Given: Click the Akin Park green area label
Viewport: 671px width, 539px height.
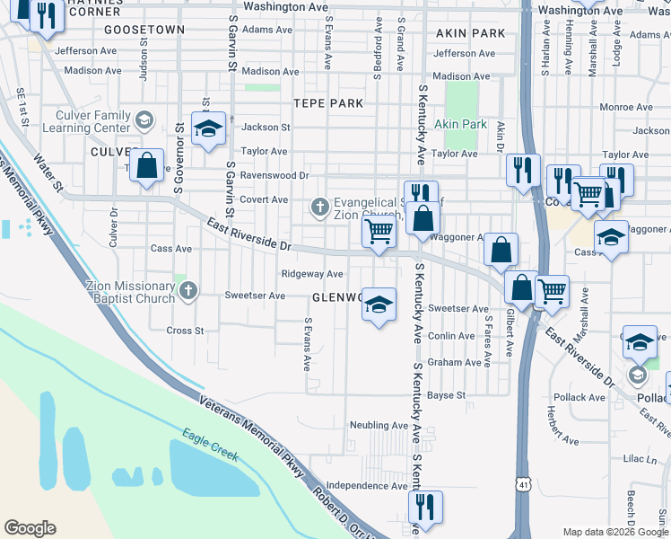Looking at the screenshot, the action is [x=460, y=124].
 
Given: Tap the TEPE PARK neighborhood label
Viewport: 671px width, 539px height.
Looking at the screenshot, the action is [x=321, y=103].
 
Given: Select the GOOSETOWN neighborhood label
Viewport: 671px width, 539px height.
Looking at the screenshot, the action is [x=144, y=30].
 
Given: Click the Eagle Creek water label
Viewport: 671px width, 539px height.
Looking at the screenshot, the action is [x=211, y=444].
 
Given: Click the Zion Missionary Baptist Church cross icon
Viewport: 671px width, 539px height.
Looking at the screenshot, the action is [x=187, y=290].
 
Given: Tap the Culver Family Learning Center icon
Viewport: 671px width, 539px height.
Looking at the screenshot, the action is [x=144, y=119].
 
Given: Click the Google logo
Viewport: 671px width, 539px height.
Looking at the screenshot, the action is [x=30, y=528].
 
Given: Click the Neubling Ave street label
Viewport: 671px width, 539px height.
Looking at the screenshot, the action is [x=379, y=425].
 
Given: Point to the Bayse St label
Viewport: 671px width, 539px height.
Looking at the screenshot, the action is [x=446, y=395].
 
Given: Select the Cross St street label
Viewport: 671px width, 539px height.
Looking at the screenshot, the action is [x=186, y=331].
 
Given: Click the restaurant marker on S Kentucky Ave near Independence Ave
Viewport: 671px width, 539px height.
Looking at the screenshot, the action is [x=422, y=506].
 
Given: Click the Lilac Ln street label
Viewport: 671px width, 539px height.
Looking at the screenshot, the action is [x=640, y=459].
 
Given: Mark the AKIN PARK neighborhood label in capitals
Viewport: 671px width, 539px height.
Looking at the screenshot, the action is [x=471, y=33].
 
